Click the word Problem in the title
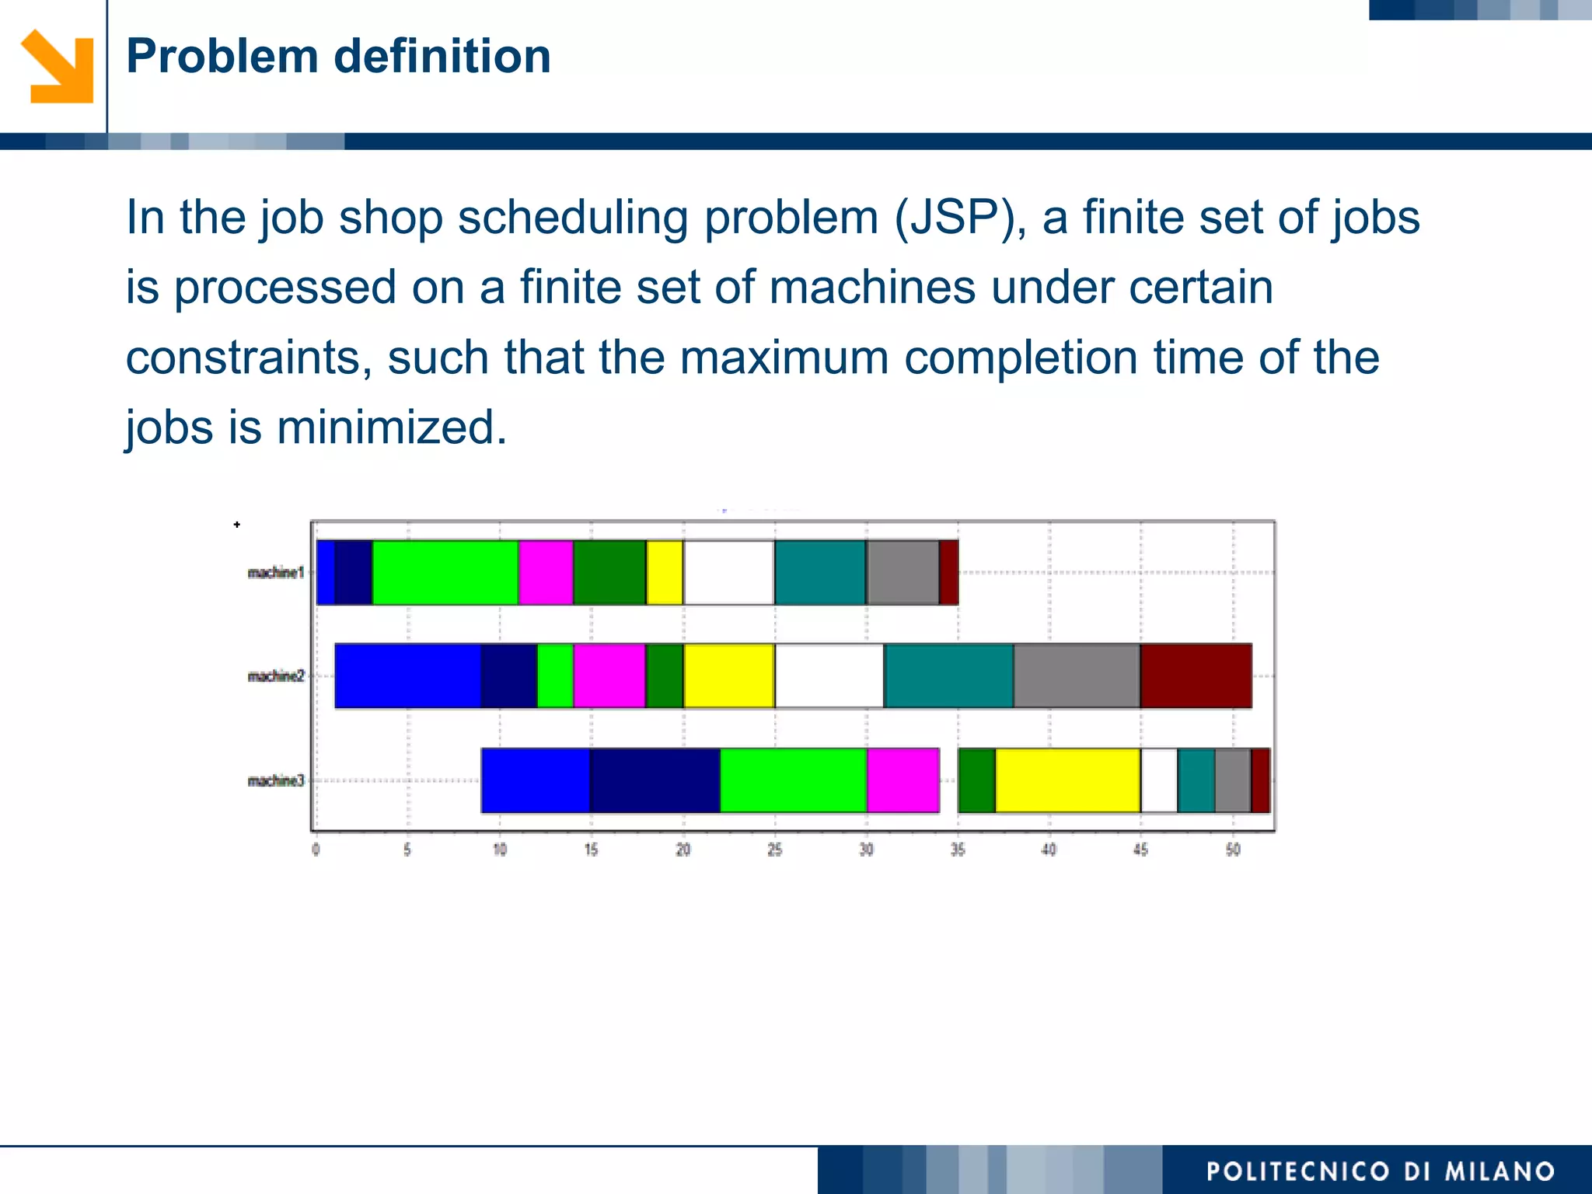pyautogui.click(x=222, y=57)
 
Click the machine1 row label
pyautogui.click(x=275, y=573)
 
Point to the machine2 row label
pyautogui.click(x=275, y=676)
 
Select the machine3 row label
pyautogui.click(x=275, y=780)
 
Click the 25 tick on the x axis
pyautogui.click(x=774, y=850)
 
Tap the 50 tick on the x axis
pyautogui.click(x=1233, y=850)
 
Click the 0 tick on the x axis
pyautogui.click(x=316, y=850)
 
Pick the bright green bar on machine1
pyautogui.click(x=445, y=572)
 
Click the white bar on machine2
pyautogui.click(x=829, y=676)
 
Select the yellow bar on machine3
pyautogui.click(x=1067, y=780)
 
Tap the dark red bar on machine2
pyautogui.click(x=1196, y=676)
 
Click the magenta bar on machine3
pyautogui.click(x=902, y=780)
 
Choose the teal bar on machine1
pyautogui.click(x=820, y=572)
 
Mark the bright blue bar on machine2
pyautogui.click(x=407, y=676)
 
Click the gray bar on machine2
pyautogui.click(x=1077, y=676)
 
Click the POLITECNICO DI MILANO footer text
pyautogui.click(x=1380, y=1171)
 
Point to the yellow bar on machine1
pyautogui.click(x=665, y=572)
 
